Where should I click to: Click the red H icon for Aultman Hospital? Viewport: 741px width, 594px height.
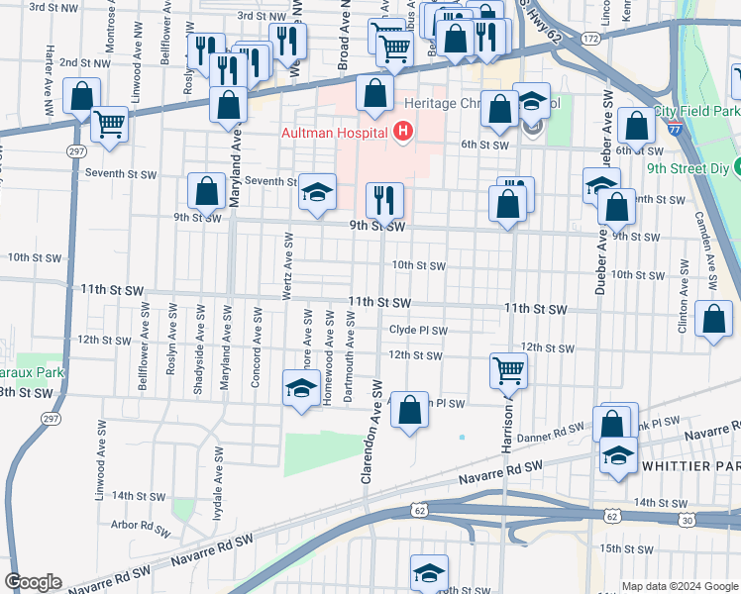(402, 131)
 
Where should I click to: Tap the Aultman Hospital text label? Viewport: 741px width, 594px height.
(336, 132)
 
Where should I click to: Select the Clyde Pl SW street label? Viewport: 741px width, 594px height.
(418, 331)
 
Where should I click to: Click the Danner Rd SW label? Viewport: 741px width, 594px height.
(557, 431)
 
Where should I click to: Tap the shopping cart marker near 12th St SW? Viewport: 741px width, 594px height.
(508, 371)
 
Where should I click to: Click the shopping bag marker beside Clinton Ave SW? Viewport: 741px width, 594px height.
(714, 320)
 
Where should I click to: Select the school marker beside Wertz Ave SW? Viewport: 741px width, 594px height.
(300, 388)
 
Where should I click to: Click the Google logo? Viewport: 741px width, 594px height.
(33, 582)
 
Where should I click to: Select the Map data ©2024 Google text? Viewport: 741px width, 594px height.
(680, 586)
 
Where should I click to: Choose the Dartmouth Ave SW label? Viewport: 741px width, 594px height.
(350, 357)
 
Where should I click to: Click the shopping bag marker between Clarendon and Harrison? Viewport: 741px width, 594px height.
(409, 410)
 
